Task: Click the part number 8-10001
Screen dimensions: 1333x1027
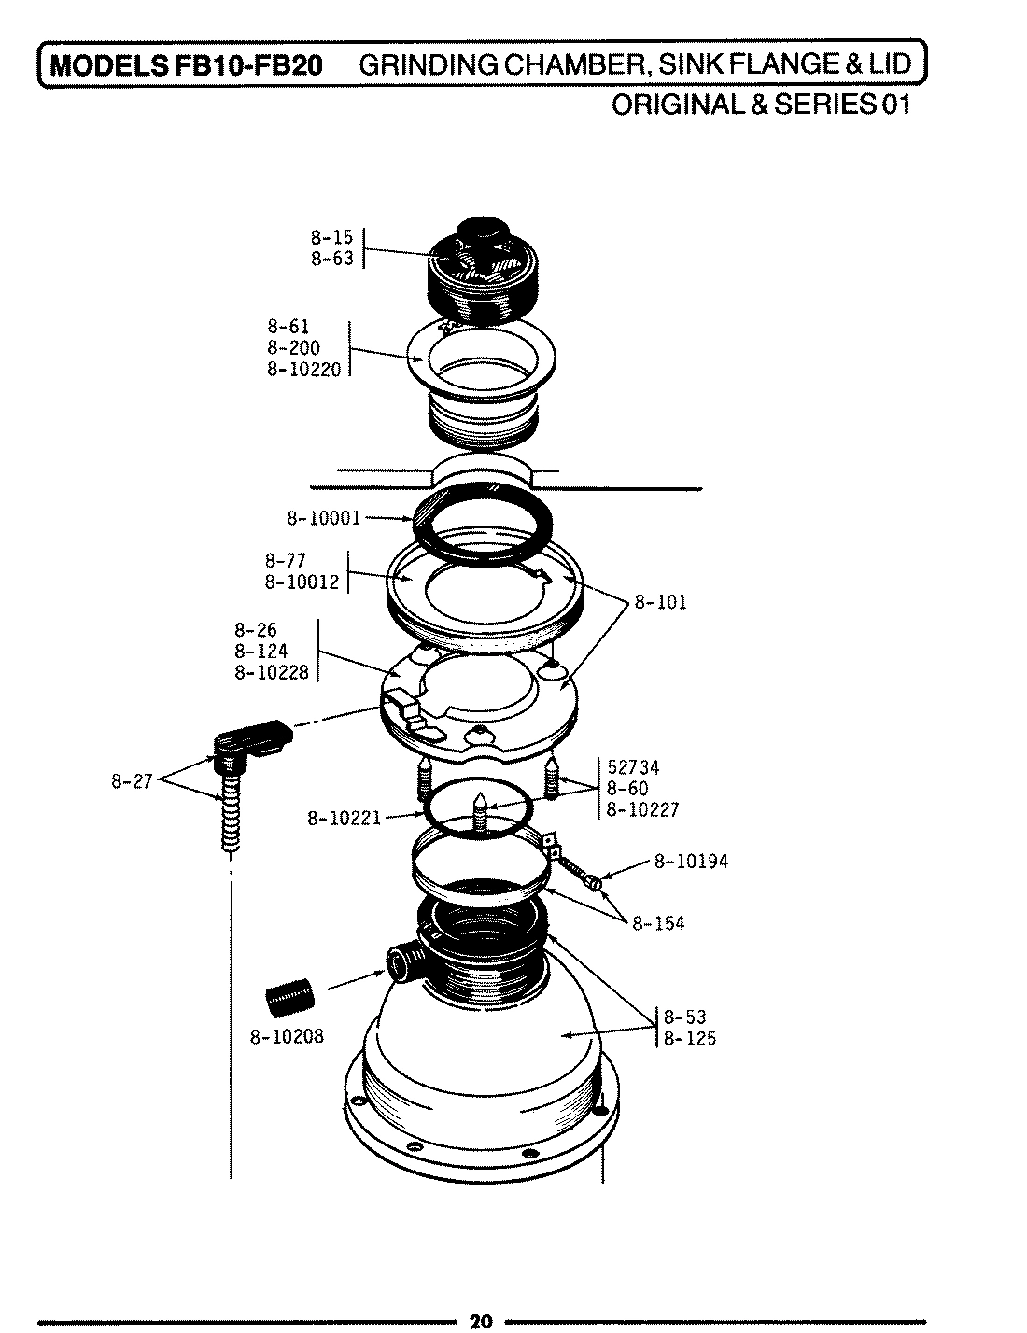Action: click(322, 518)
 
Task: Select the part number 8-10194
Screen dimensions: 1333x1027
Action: click(690, 862)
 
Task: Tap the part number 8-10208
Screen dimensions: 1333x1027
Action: click(287, 1036)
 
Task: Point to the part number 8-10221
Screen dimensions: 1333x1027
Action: click(344, 820)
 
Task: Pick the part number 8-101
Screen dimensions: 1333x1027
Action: click(660, 602)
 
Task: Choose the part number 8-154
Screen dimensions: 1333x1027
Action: click(658, 923)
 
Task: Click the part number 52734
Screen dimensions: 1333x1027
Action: click(633, 767)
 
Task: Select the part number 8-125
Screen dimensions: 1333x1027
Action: click(690, 1038)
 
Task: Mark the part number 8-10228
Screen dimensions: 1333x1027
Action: click(271, 672)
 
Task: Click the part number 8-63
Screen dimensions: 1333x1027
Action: click(332, 259)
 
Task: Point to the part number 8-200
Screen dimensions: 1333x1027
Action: click(293, 348)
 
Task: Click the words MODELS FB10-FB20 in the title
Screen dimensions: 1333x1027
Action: click(186, 66)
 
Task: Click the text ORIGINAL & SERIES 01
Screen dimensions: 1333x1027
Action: click(759, 104)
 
